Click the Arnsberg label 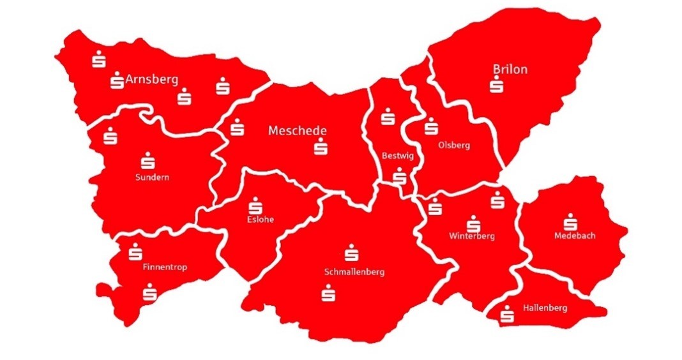152,80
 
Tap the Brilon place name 510,69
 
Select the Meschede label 298,131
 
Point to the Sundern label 152,177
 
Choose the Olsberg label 454,145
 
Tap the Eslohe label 261,220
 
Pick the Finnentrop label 165,267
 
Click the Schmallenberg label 354,272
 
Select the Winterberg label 472,236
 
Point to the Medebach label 575,236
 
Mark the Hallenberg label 545,308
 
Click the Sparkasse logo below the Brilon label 496,85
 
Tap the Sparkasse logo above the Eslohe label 255,205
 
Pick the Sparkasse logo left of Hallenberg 508,313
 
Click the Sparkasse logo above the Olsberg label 431,126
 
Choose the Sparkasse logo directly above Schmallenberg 351,253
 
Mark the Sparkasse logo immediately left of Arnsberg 117,80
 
